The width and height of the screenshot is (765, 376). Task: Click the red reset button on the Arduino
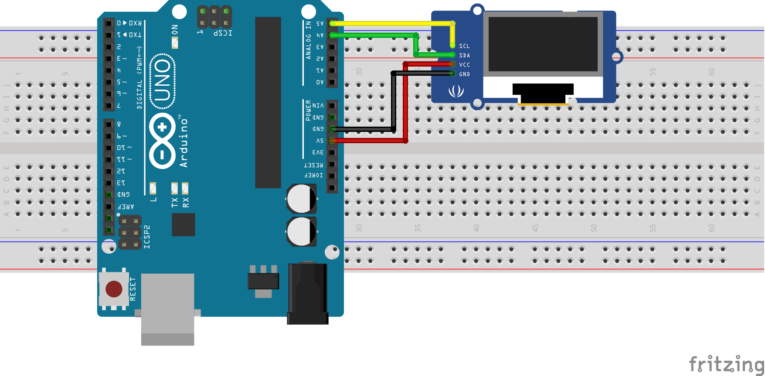(114, 289)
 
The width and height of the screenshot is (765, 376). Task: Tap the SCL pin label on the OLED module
(464, 46)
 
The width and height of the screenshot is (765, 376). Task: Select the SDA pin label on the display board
(464, 56)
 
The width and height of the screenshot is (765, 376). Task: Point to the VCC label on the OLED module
(464, 65)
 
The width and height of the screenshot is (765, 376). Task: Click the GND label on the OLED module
(464, 74)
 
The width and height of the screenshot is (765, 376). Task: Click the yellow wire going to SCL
(392, 23)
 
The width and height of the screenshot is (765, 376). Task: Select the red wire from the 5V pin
(405, 104)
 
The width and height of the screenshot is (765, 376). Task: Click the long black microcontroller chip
(268, 102)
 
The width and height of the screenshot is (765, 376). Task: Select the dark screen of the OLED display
(543, 44)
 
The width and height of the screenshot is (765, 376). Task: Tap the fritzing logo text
(726, 364)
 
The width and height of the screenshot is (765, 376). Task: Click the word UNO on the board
(162, 81)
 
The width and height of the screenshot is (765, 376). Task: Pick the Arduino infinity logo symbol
(162, 141)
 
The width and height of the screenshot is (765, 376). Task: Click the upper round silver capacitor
(301, 198)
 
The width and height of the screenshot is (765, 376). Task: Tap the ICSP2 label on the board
(147, 237)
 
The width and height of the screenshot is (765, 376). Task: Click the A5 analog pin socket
(332, 23)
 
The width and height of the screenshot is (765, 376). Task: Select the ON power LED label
(175, 30)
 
